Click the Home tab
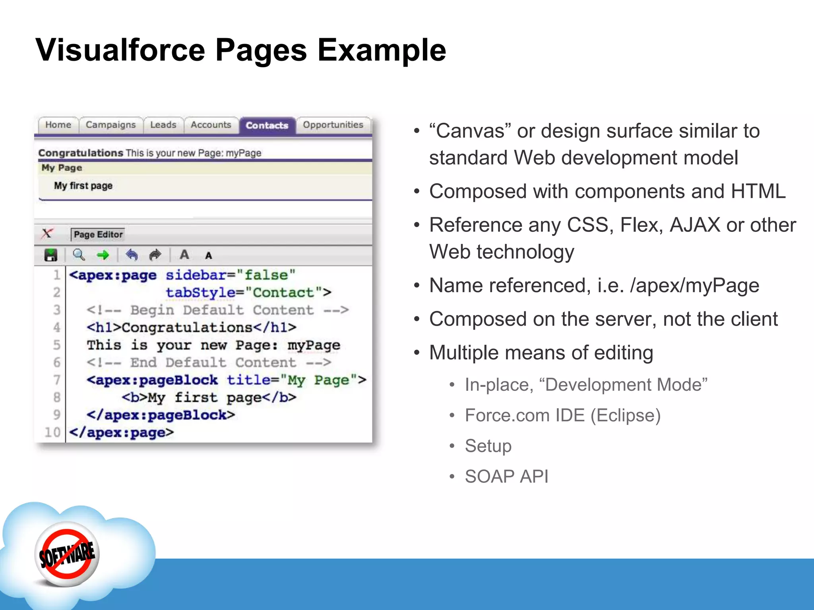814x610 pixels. point(58,125)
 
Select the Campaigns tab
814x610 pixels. point(110,125)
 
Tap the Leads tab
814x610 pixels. point(163,125)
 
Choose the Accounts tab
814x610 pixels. point(211,125)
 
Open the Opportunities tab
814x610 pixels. point(333,125)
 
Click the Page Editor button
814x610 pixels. point(98,235)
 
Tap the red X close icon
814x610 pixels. point(47,234)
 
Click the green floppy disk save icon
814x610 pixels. point(51,255)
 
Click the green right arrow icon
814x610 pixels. point(103,255)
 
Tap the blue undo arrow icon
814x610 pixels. point(132,255)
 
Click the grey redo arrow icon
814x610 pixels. point(155,255)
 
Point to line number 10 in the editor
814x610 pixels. point(52,432)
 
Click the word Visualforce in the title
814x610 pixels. point(120,50)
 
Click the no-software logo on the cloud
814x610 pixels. point(67,554)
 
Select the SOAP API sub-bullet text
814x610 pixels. point(506,476)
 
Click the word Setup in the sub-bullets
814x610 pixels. point(488,446)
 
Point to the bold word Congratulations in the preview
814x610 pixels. point(81,153)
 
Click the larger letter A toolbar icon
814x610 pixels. point(184,255)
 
